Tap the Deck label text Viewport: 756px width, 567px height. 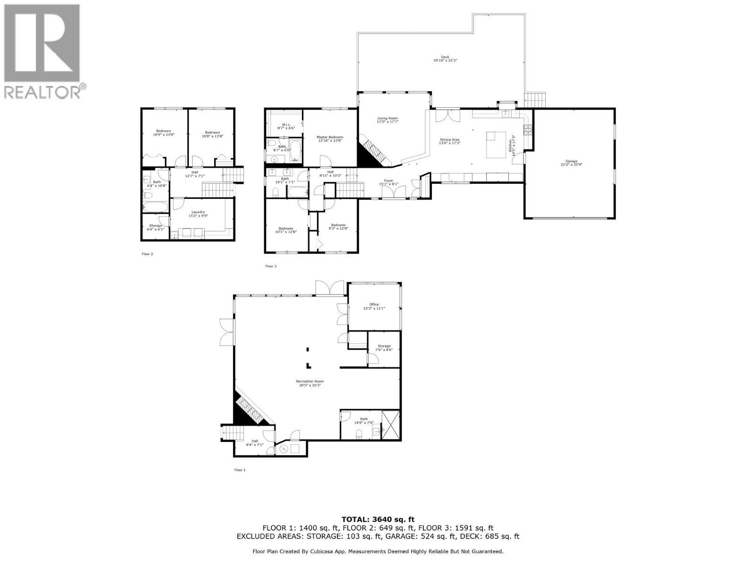point(445,59)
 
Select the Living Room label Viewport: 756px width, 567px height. point(387,120)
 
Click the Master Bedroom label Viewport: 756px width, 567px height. point(330,138)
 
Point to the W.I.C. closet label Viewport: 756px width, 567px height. point(285,126)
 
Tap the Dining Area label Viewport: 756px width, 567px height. point(450,141)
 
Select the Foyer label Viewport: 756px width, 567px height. point(388,182)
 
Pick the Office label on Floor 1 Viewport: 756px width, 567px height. point(374,306)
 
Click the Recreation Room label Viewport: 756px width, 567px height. point(309,383)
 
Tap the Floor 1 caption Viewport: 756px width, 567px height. point(241,470)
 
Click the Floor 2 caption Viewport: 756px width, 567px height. point(147,254)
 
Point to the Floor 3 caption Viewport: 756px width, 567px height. point(271,266)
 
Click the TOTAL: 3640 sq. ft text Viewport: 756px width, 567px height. point(378,519)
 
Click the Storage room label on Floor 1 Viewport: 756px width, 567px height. point(384,348)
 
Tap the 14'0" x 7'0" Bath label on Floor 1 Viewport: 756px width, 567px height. point(364,421)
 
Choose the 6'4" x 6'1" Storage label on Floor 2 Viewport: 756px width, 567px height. point(155,227)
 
